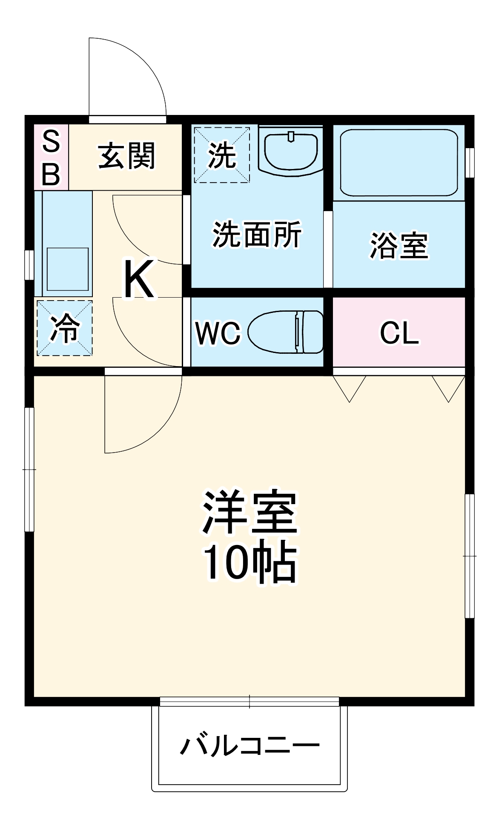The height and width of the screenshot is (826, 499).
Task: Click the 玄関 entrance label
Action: [x=126, y=156]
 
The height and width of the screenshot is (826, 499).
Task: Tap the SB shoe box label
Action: [x=51, y=158]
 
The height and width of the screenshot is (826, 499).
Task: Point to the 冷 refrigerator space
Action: [x=65, y=328]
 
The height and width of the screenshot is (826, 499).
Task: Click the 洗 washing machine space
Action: [x=222, y=155]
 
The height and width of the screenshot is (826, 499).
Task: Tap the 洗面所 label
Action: [x=257, y=234]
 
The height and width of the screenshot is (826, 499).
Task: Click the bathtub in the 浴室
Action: [x=399, y=163]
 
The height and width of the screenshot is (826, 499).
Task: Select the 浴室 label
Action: [x=399, y=245]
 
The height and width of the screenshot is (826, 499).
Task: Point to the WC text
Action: [x=218, y=333]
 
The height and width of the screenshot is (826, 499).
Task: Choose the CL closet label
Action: [x=399, y=333]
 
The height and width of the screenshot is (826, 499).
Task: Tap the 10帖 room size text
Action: [x=249, y=562]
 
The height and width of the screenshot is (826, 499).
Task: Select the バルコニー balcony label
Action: [x=249, y=745]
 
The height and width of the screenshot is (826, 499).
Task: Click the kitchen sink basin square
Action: [x=68, y=269]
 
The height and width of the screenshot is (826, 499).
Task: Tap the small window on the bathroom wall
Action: [x=470, y=162]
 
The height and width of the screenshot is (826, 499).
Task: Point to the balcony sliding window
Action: [x=249, y=701]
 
